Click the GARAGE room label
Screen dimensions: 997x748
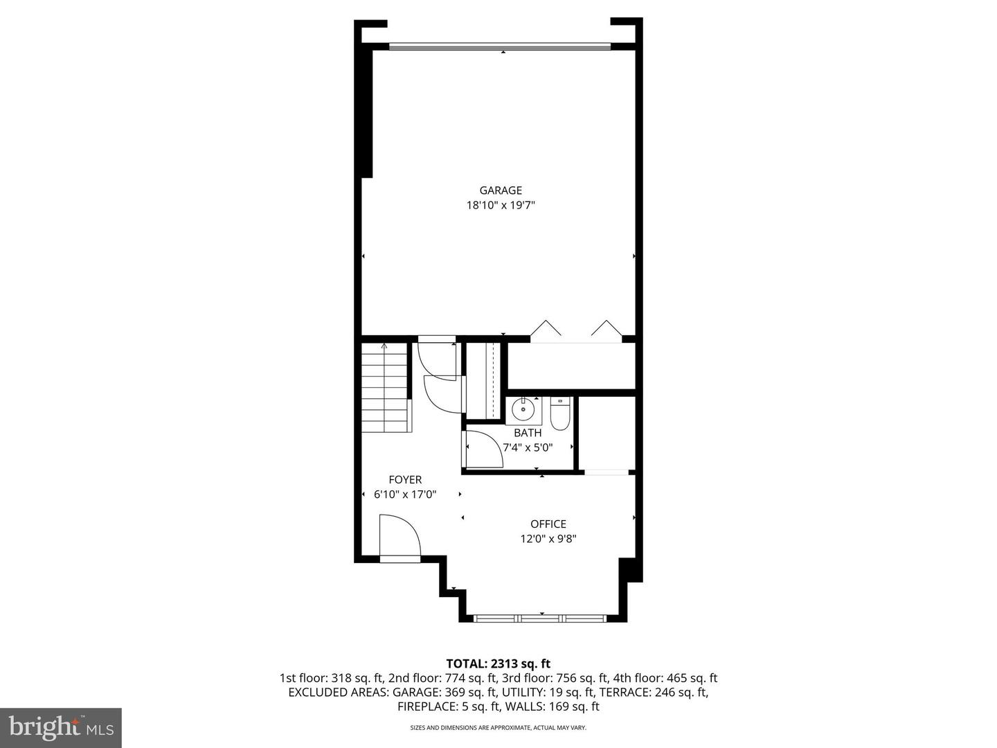click(501, 190)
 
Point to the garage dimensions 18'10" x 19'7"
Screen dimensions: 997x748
click(501, 205)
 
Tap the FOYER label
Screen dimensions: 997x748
click(405, 479)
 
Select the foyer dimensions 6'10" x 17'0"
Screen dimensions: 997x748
click(405, 494)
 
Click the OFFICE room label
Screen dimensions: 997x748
click(548, 524)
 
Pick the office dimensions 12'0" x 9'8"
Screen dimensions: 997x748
click(548, 539)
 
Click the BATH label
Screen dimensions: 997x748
click(528, 433)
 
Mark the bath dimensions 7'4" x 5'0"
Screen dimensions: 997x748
click(528, 447)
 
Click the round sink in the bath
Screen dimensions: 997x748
click(523, 409)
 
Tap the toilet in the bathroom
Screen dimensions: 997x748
click(560, 413)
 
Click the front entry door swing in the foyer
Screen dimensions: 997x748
click(399, 535)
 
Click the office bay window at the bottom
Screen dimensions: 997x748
click(540, 618)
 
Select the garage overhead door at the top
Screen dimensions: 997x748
click(500, 46)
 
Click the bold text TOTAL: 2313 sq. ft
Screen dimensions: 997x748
click(498, 664)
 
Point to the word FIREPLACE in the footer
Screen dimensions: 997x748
click(425, 706)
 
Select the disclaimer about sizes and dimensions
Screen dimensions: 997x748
click(498, 727)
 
